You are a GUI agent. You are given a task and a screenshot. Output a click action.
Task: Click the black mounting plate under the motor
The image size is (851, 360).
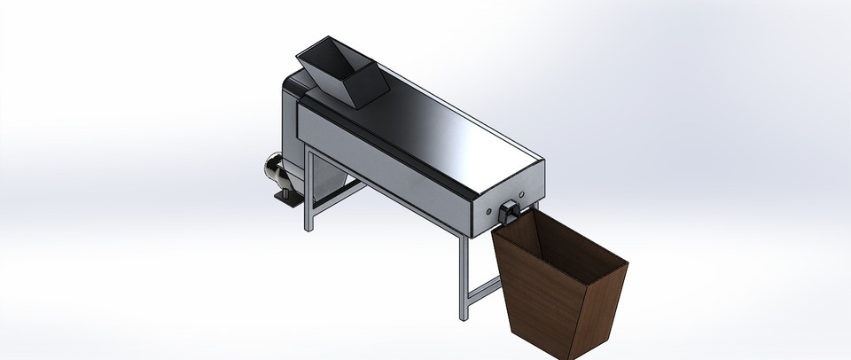[286, 200]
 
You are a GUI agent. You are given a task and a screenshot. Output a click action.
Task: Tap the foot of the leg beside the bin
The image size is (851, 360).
[462, 317]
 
